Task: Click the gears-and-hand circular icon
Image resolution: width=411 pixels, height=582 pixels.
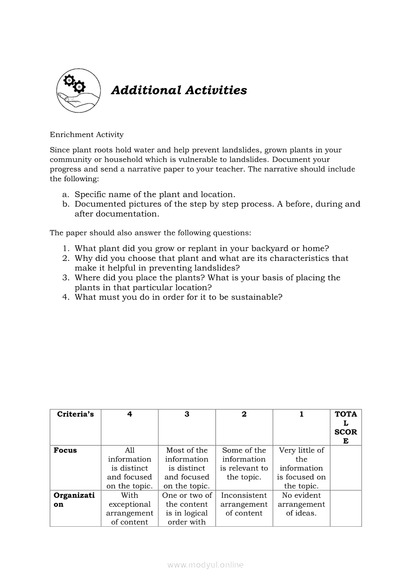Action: [x=78, y=90]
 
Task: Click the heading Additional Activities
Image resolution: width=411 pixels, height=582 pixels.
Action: [x=179, y=90]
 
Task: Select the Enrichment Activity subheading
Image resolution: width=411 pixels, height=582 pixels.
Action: [x=87, y=134]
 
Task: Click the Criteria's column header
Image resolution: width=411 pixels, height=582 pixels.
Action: [x=75, y=414]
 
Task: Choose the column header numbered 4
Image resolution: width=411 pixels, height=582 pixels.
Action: [x=129, y=414]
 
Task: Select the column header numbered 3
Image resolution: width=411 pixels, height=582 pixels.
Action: [x=187, y=414]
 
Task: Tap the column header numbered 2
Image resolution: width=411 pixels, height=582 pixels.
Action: [x=244, y=414]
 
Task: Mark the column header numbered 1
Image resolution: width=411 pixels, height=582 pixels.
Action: [x=301, y=414]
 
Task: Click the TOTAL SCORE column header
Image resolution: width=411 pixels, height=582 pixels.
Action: [x=346, y=427]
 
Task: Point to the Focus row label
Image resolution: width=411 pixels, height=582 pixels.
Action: [x=65, y=450]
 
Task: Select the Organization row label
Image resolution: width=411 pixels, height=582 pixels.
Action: [x=74, y=500]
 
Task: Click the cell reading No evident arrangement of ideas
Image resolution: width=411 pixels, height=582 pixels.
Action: [x=301, y=504]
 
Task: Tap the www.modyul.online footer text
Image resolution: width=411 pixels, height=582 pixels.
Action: [x=205, y=565]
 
